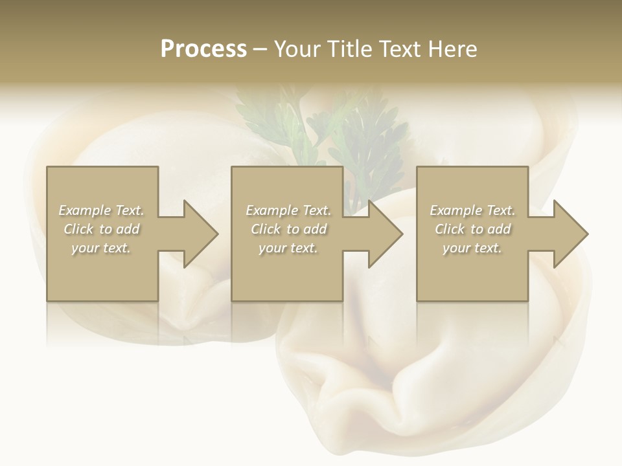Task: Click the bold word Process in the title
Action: tap(203, 49)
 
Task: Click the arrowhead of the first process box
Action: tap(198, 234)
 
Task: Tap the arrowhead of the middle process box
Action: tap(382, 234)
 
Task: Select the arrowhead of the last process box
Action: tap(568, 234)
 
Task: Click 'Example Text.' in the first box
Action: tap(101, 210)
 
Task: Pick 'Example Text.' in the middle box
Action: tap(288, 210)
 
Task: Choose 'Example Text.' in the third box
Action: tap(472, 210)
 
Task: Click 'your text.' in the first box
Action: tap(101, 248)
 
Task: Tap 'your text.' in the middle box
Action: tap(288, 248)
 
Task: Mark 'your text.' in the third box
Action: tap(472, 248)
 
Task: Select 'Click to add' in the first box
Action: tap(101, 229)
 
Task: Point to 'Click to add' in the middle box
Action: tap(288, 229)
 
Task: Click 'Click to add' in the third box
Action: tap(472, 229)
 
